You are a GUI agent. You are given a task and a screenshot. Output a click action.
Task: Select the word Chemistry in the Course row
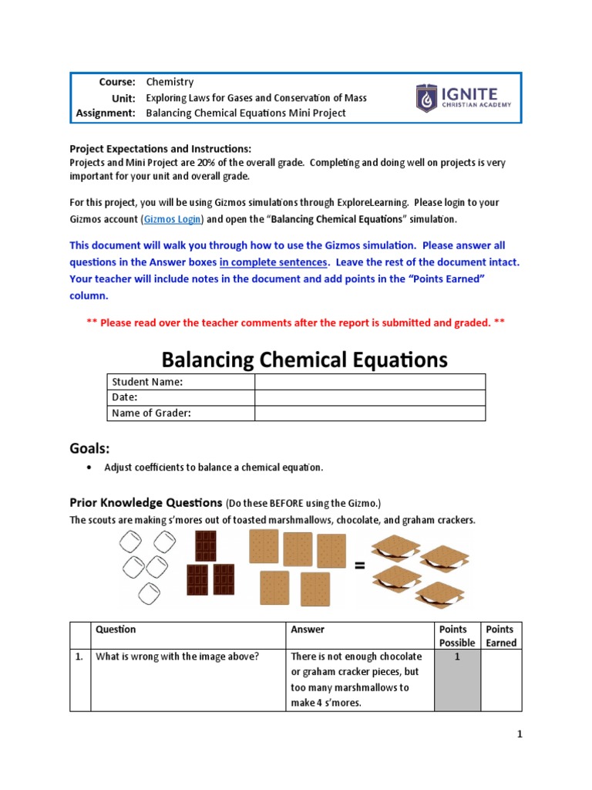(x=170, y=82)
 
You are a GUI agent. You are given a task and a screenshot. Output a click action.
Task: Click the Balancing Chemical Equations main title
(x=304, y=359)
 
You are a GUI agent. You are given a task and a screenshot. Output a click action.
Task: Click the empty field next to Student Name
(x=369, y=382)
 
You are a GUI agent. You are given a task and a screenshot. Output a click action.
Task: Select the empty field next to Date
(x=369, y=397)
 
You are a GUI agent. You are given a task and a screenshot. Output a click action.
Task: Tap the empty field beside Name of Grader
(x=369, y=413)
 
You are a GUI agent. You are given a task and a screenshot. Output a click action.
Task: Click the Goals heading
(x=90, y=448)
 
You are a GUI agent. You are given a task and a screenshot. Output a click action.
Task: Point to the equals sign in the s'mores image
(x=359, y=565)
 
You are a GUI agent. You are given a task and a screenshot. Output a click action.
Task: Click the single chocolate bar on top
(x=206, y=545)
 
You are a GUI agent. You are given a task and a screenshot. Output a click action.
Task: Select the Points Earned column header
(x=501, y=636)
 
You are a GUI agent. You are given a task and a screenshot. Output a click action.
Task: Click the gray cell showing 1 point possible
(x=457, y=679)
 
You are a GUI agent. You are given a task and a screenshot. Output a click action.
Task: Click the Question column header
(x=116, y=630)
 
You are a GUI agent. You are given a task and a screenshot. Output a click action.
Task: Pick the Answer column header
(x=308, y=630)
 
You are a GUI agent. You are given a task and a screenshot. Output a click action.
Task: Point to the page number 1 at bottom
(x=520, y=734)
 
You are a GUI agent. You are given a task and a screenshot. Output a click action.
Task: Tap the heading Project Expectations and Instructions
(x=160, y=148)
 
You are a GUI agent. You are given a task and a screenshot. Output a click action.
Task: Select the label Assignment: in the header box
(x=106, y=113)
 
